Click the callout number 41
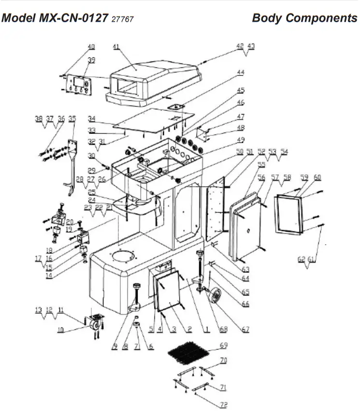tap(116, 47)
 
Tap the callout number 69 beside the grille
tap(223, 345)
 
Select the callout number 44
tap(240, 73)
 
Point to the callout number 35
tap(72, 118)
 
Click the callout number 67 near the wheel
tap(245, 329)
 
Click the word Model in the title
tap(19, 18)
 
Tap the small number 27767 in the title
tap(122, 19)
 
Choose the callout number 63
tap(245, 269)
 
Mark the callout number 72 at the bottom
tap(223, 405)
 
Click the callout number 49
tap(240, 140)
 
